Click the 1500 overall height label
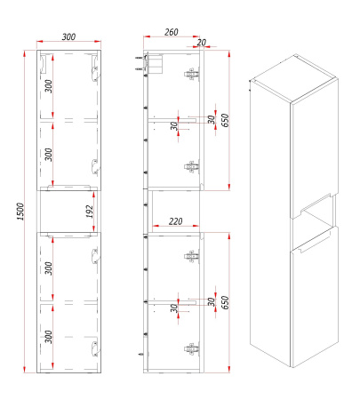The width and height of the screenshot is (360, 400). pos(20,212)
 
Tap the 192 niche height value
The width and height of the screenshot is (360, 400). pos(90,212)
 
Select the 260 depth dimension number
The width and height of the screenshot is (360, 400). pos(172,32)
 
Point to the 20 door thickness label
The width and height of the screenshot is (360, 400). pos(201,43)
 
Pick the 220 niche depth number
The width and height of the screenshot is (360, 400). pos(175,221)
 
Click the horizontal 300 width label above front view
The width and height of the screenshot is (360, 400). pos(68,37)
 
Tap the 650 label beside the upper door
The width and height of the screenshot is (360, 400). pos(225,120)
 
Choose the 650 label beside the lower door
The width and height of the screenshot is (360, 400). pos(225,302)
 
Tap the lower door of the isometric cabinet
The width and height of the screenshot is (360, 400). pos(315,296)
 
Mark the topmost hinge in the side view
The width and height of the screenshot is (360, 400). pos(191,74)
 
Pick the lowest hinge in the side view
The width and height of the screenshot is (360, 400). pos(191,348)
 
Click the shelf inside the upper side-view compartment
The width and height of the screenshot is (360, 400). pos(172,119)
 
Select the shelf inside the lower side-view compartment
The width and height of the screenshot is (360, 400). pos(172,301)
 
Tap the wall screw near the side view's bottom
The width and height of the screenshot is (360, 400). pos(141,354)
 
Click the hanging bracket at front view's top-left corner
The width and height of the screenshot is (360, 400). pos(44,63)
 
